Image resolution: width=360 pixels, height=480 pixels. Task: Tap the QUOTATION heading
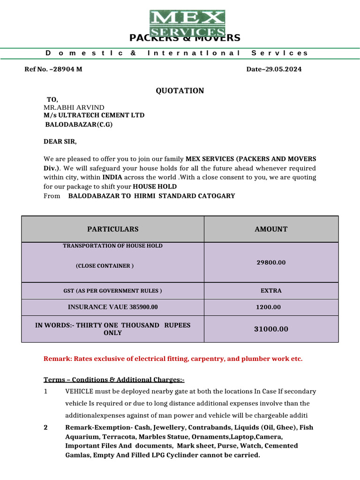point(180,91)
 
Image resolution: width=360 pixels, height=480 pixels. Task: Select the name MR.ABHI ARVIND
point(74,107)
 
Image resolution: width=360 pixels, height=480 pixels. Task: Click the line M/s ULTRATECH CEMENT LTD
point(94,115)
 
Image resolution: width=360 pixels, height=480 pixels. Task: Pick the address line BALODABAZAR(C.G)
point(79,125)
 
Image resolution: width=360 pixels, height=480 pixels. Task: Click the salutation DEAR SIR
point(60,142)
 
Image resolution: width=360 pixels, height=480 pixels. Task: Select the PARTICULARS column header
point(113,229)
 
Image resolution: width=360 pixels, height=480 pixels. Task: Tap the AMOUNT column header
point(271,229)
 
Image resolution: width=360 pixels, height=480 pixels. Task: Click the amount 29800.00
point(271,262)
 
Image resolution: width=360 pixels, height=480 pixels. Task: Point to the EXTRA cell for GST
point(271,291)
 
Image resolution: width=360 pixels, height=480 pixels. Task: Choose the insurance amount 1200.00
point(269,307)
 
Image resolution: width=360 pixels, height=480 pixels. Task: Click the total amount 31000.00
point(271,330)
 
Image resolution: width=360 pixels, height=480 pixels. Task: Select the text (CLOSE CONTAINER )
point(105,266)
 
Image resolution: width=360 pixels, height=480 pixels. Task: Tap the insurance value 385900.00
point(139,307)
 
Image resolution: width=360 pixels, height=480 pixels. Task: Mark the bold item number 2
point(45,427)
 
